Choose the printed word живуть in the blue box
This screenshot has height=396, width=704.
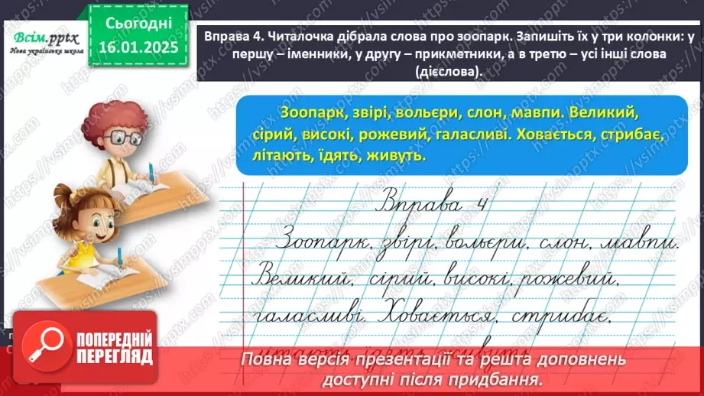(393, 155)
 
